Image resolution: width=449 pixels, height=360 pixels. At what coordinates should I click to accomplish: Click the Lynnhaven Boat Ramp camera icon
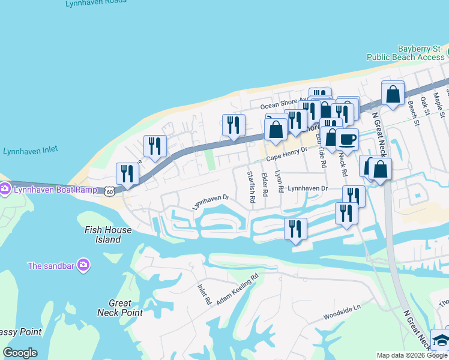(5, 190)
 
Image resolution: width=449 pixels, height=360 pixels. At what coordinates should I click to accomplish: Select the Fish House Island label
(103, 235)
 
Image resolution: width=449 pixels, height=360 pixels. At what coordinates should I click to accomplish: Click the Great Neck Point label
(120, 308)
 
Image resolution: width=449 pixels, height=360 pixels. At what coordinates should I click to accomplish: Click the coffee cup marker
(348, 140)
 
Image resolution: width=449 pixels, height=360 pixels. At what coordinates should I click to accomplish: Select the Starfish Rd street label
(252, 186)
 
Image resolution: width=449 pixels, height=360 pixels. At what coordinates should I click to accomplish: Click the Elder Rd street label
(265, 184)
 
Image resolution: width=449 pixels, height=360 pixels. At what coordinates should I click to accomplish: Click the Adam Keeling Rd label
(238, 287)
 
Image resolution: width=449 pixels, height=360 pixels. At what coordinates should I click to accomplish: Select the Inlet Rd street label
(203, 294)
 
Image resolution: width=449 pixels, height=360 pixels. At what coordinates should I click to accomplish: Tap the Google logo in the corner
(20, 353)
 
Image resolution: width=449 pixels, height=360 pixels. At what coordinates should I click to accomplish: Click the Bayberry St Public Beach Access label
(406, 53)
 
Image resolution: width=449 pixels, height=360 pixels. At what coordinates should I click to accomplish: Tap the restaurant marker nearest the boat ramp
(127, 174)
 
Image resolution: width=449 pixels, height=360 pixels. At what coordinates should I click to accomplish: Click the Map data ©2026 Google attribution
(412, 355)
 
